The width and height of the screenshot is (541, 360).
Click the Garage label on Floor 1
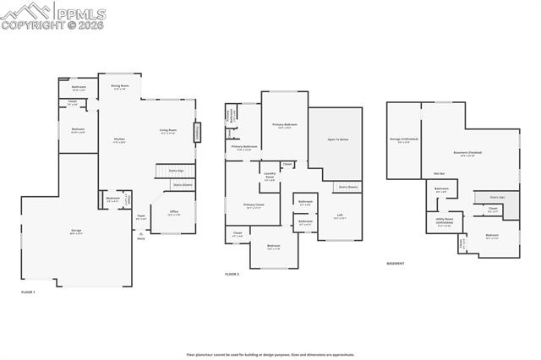75,231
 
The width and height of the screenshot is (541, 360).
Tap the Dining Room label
120,86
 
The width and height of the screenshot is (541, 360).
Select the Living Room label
167,131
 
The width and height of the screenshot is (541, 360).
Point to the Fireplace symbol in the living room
199,133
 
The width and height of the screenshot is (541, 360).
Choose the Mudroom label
112,200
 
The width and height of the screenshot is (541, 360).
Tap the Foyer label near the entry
141,217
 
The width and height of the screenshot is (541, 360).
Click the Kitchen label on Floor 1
120,141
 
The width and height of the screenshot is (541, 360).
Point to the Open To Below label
338,139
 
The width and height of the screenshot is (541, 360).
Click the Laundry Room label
269,176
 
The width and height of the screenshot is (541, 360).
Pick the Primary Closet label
254,206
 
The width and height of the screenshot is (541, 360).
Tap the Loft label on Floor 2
339,216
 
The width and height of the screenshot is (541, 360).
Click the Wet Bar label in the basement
440,173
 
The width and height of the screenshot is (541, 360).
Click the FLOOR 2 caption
232,275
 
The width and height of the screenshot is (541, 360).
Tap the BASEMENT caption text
395,264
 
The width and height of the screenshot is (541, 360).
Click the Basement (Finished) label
467,153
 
